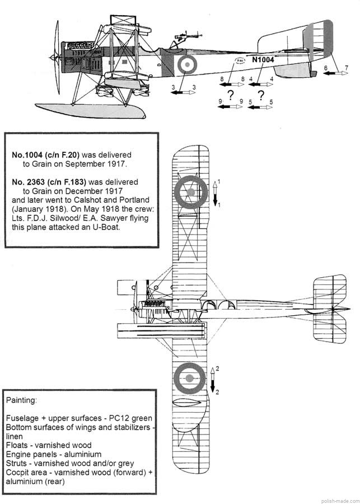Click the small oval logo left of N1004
(x=240, y=60)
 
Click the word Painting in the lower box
(x=22, y=401)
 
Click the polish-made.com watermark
(x=339, y=498)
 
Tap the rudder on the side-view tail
(x=320, y=41)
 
